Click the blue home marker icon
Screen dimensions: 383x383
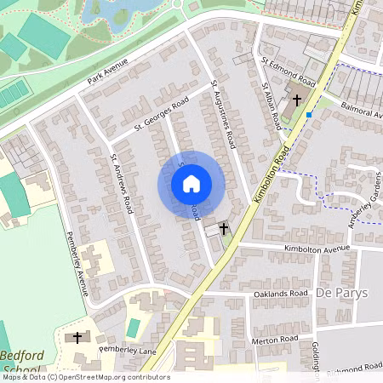191,183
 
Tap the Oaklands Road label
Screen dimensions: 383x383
280,293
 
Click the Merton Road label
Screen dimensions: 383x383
277,339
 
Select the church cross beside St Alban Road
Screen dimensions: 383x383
297,100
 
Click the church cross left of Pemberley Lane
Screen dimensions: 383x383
77,338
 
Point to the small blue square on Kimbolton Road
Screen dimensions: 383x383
309,113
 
